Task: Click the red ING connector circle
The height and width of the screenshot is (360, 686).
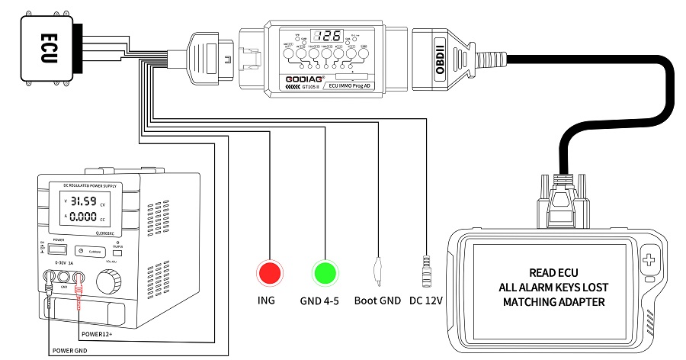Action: click(268, 272)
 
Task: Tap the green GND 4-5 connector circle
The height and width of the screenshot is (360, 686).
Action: click(325, 272)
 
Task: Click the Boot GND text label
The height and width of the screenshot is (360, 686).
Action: click(377, 301)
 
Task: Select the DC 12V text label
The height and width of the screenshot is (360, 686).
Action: click(425, 301)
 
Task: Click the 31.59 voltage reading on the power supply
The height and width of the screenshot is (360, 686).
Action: click(83, 202)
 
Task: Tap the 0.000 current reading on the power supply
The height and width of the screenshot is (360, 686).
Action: click(83, 217)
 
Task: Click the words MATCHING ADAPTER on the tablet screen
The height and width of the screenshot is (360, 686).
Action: click(551, 302)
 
